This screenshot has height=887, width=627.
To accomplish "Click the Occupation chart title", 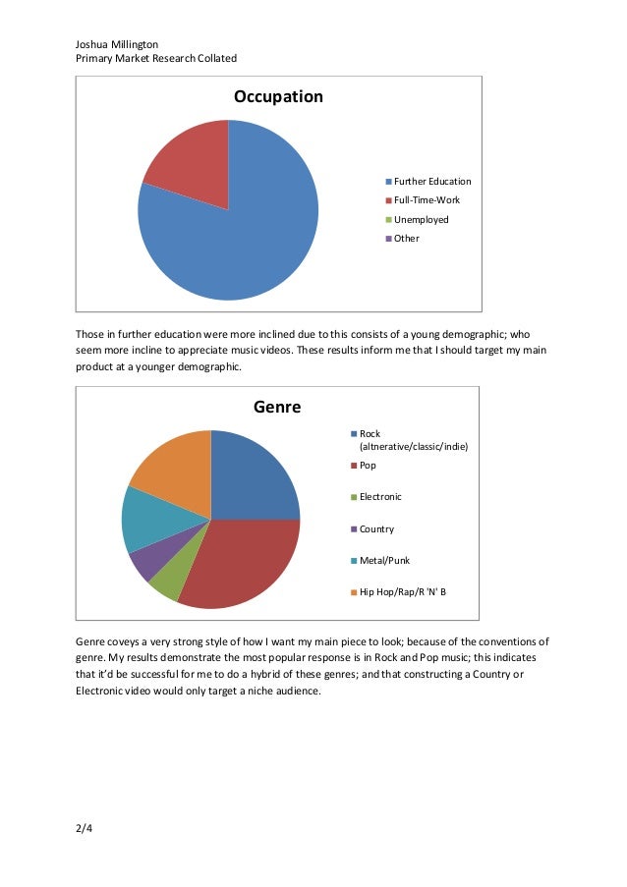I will click(x=277, y=97).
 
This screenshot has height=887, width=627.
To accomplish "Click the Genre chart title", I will click(x=277, y=407).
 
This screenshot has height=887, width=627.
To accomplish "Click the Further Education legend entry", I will click(x=431, y=182).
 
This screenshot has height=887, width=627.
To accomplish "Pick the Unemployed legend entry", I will click(x=421, y=219).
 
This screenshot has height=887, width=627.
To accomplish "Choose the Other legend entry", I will click(x=406, y=239).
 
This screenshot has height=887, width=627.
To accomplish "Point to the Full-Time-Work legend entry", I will click(x=427, y=200).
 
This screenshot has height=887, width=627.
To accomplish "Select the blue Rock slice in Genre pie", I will click(x=252, y=476).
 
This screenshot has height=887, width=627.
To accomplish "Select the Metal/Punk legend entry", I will click(x=384, y=560).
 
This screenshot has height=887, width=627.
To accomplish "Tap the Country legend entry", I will click(x=376, y=528).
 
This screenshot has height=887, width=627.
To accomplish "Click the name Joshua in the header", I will click(x=92, y=44).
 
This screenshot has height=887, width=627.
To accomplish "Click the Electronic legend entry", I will click(x=380, y=497).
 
